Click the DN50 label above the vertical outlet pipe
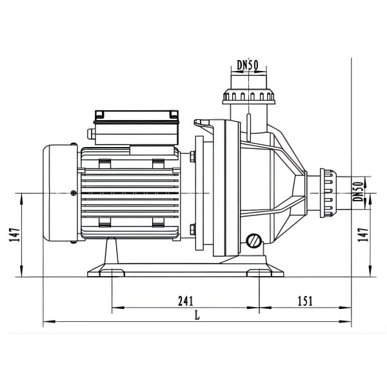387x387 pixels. click(x=248, y=65)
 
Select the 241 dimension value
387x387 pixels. click(x=185, y=301)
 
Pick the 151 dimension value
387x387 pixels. click(x=304, y=301)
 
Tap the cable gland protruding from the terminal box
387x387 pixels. click(x=90, y=135)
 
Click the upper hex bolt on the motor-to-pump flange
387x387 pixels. click(x=192, y=155)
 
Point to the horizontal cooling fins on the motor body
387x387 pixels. click(x=129, y=193)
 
